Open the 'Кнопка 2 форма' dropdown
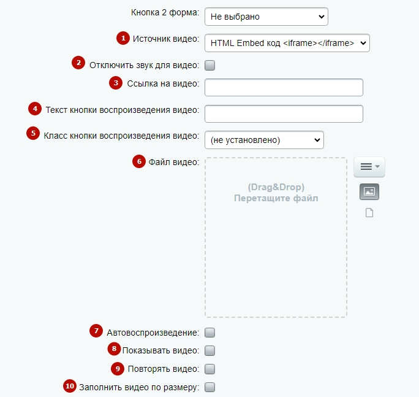point(266,17)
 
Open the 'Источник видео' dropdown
point(287,43)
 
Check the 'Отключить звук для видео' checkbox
point(209,65)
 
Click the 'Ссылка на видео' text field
point(284,87)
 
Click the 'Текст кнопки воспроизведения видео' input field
point(284,114)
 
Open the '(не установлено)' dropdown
point(264,140)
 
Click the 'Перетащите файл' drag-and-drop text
point(276,198)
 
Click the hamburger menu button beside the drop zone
point(369,167)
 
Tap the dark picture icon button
point(369,191)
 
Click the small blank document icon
point(369,213)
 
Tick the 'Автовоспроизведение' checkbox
point(209,333)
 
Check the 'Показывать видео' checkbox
point(209,350)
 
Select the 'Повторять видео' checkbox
point(209,369)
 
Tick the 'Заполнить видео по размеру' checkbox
point(209,387)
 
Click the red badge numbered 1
point(123,38)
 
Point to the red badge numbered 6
point(139,161)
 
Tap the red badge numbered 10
point(70,386)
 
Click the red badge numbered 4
point(35,109)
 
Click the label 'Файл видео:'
point(174,162)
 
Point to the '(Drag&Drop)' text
point(276,187)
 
